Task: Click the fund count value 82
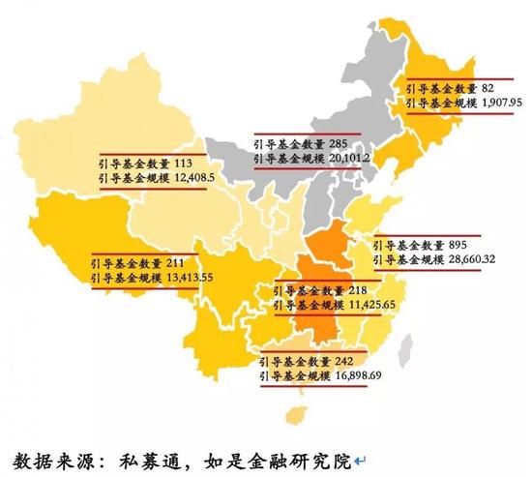click(x=488, y=87)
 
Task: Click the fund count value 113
click(x=184, y=164)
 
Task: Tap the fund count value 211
click(x=175, y=262)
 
